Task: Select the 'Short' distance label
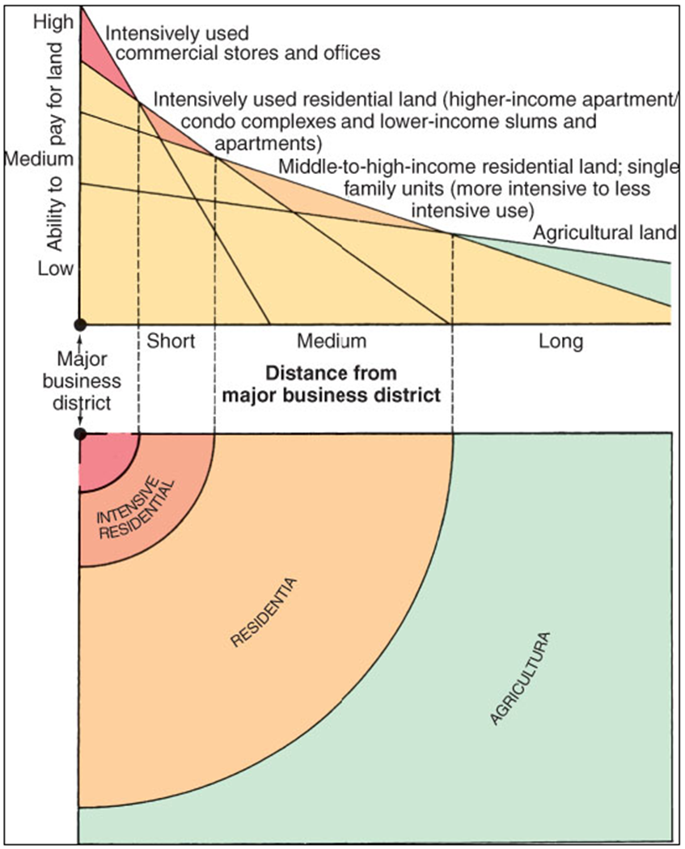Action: pos(171,342)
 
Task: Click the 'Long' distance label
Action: pos(560,342)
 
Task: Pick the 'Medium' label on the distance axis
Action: pos(332,342)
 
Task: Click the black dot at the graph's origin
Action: pos(79,324)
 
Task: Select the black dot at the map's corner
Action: pos(79,434)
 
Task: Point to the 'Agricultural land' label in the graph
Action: pos(605,233)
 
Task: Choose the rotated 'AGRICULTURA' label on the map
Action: pos(522,677)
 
